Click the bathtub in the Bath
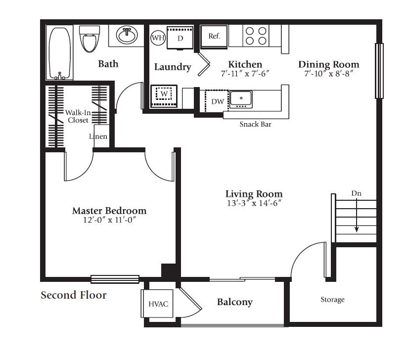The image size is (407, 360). coord(60,53)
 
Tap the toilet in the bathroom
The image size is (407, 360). coord(90,39)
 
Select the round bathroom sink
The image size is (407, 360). coord(127,35)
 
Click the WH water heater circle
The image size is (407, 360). coord(158,38)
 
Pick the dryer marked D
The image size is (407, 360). coord(180,38)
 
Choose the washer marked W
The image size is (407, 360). coord(164,96)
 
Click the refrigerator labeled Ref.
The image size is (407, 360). coord(214,37)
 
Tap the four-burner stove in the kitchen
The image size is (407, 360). coord(256,36)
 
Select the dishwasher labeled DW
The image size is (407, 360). coord(217,101)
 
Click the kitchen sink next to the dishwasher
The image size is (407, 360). coord(241,99)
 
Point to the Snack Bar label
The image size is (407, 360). coord(255,124)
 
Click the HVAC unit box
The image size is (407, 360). coord(157,304)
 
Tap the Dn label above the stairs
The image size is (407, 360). coord(357,193)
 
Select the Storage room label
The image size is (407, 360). coord(332,300)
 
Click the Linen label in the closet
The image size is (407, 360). coord(98,136)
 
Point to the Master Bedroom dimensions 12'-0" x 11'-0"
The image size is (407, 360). coord(109,220)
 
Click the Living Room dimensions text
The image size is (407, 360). coord(254,203)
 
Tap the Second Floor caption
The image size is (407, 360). coord(74,295)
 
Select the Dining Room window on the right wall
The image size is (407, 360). coord(379,71)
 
